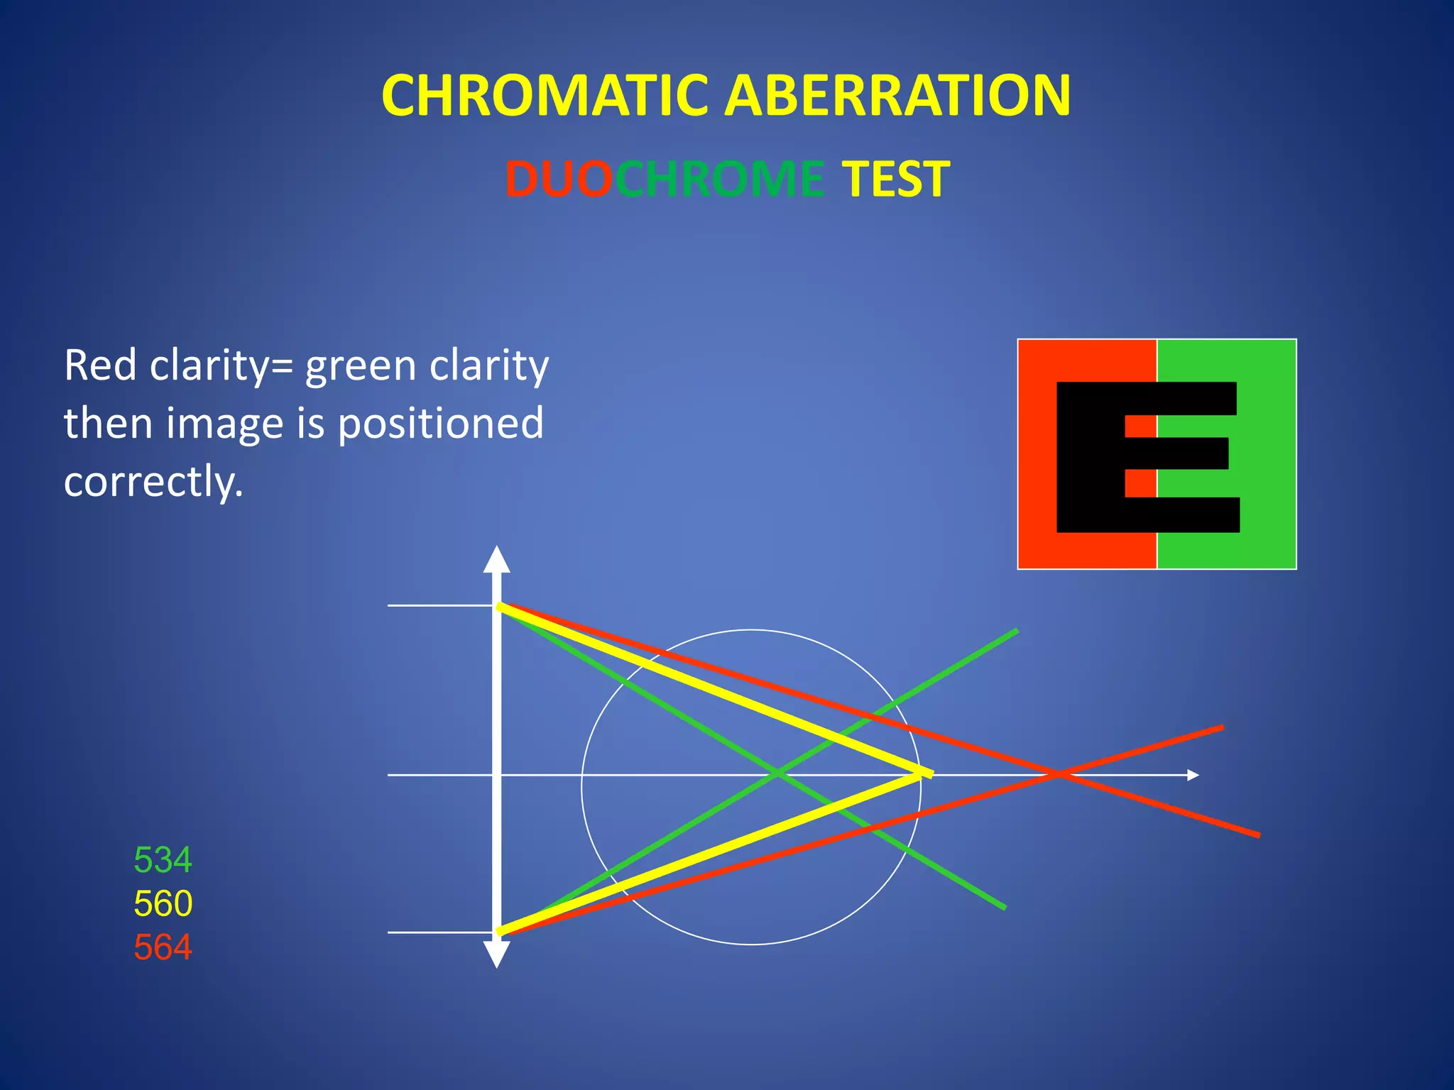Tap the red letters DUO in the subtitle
coord(558,179)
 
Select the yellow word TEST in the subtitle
coord(895,179)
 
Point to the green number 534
coord(163,860)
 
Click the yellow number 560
coord(163,903)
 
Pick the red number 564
coord(163,947)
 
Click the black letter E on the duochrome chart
coord(1090,458)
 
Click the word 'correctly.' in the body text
coord(153,482)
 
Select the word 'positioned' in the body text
coord(440,424)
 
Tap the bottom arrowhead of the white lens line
coord(496,954)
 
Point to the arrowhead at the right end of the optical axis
coord(1193,775)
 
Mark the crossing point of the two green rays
coord(778,772)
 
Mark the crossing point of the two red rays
coord(1058,774)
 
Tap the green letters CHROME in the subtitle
coord(719,179)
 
